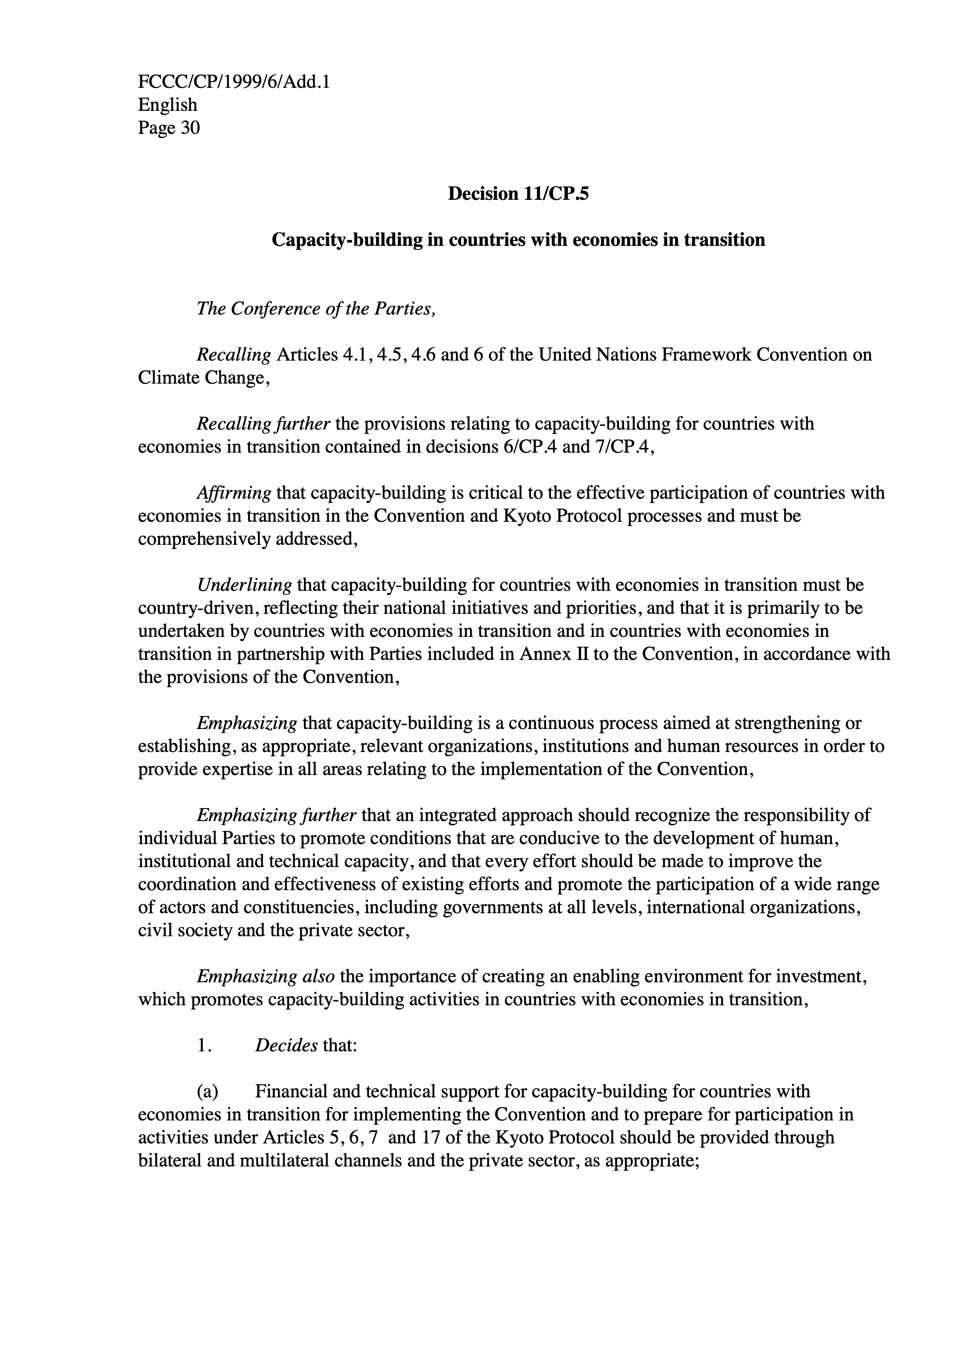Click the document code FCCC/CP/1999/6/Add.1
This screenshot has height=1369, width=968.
click(234, 82)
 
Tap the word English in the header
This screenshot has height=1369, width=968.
click(168, 105)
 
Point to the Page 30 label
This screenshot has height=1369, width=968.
click(169, 128)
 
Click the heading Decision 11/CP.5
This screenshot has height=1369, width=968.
click(518, 194)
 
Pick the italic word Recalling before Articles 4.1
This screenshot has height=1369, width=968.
click(234, 355)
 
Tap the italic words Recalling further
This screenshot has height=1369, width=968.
click(263, 424)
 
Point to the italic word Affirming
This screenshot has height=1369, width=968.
click(234, 493)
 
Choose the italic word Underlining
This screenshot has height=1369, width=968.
click(244, 585)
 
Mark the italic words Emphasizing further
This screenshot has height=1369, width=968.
click(277, 815)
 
